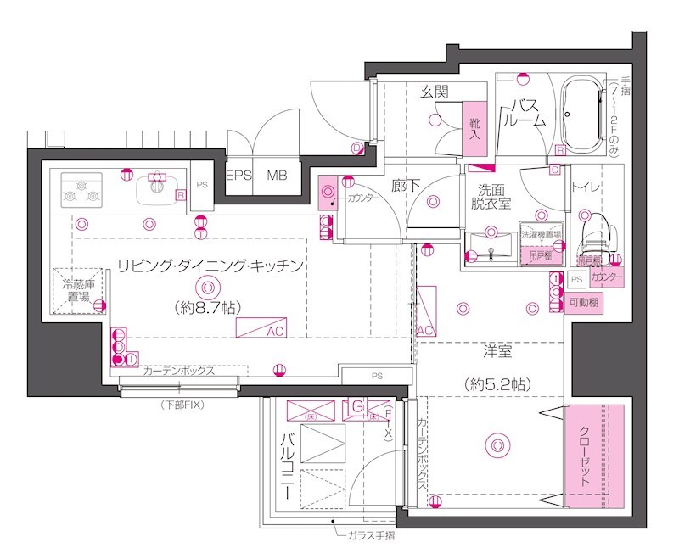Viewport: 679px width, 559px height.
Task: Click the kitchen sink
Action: (x=156, y=188)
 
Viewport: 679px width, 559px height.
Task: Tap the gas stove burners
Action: (x=81, y=190)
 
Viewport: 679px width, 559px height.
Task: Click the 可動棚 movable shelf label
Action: (x=585, y=303)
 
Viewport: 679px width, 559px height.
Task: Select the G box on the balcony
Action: (x=357, y=410)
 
